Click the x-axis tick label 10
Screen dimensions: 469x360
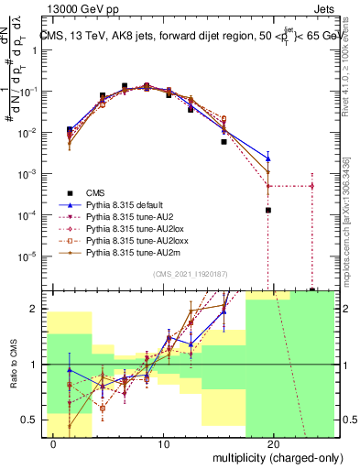163,444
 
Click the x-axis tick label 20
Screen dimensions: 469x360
273,444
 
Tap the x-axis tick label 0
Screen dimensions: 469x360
53,444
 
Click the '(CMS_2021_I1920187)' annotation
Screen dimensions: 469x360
190,274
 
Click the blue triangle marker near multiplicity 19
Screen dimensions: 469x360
268,158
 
